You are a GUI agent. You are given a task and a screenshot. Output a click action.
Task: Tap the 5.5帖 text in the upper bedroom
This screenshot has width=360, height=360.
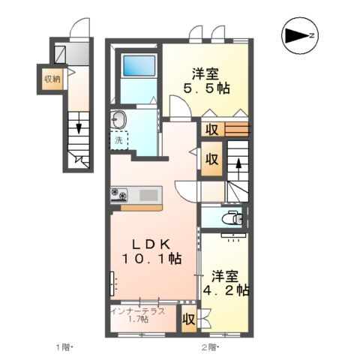pyautogui.click(x=208, y=88)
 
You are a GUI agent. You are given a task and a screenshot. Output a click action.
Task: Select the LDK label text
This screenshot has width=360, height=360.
pyautogui.click(x=154, y=244)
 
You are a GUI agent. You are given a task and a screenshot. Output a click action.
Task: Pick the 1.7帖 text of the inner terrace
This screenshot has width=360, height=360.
pyautogui.click(x=137, y=320)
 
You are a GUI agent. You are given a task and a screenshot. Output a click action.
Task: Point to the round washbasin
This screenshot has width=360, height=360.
pyautogui.click(x=118, y=118)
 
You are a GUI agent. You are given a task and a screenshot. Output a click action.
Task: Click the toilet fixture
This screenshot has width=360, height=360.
pyautogui.click(x=232, y=219)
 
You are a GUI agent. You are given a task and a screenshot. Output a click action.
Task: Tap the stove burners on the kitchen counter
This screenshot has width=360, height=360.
pyautogui.click(x=120, y=195)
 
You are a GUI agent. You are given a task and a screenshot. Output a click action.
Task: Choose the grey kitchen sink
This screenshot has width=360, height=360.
pyautogui.click(x=148, y=195)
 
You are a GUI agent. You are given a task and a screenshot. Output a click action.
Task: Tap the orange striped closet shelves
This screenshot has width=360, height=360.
pyautogui.click(x=235, y=129)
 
